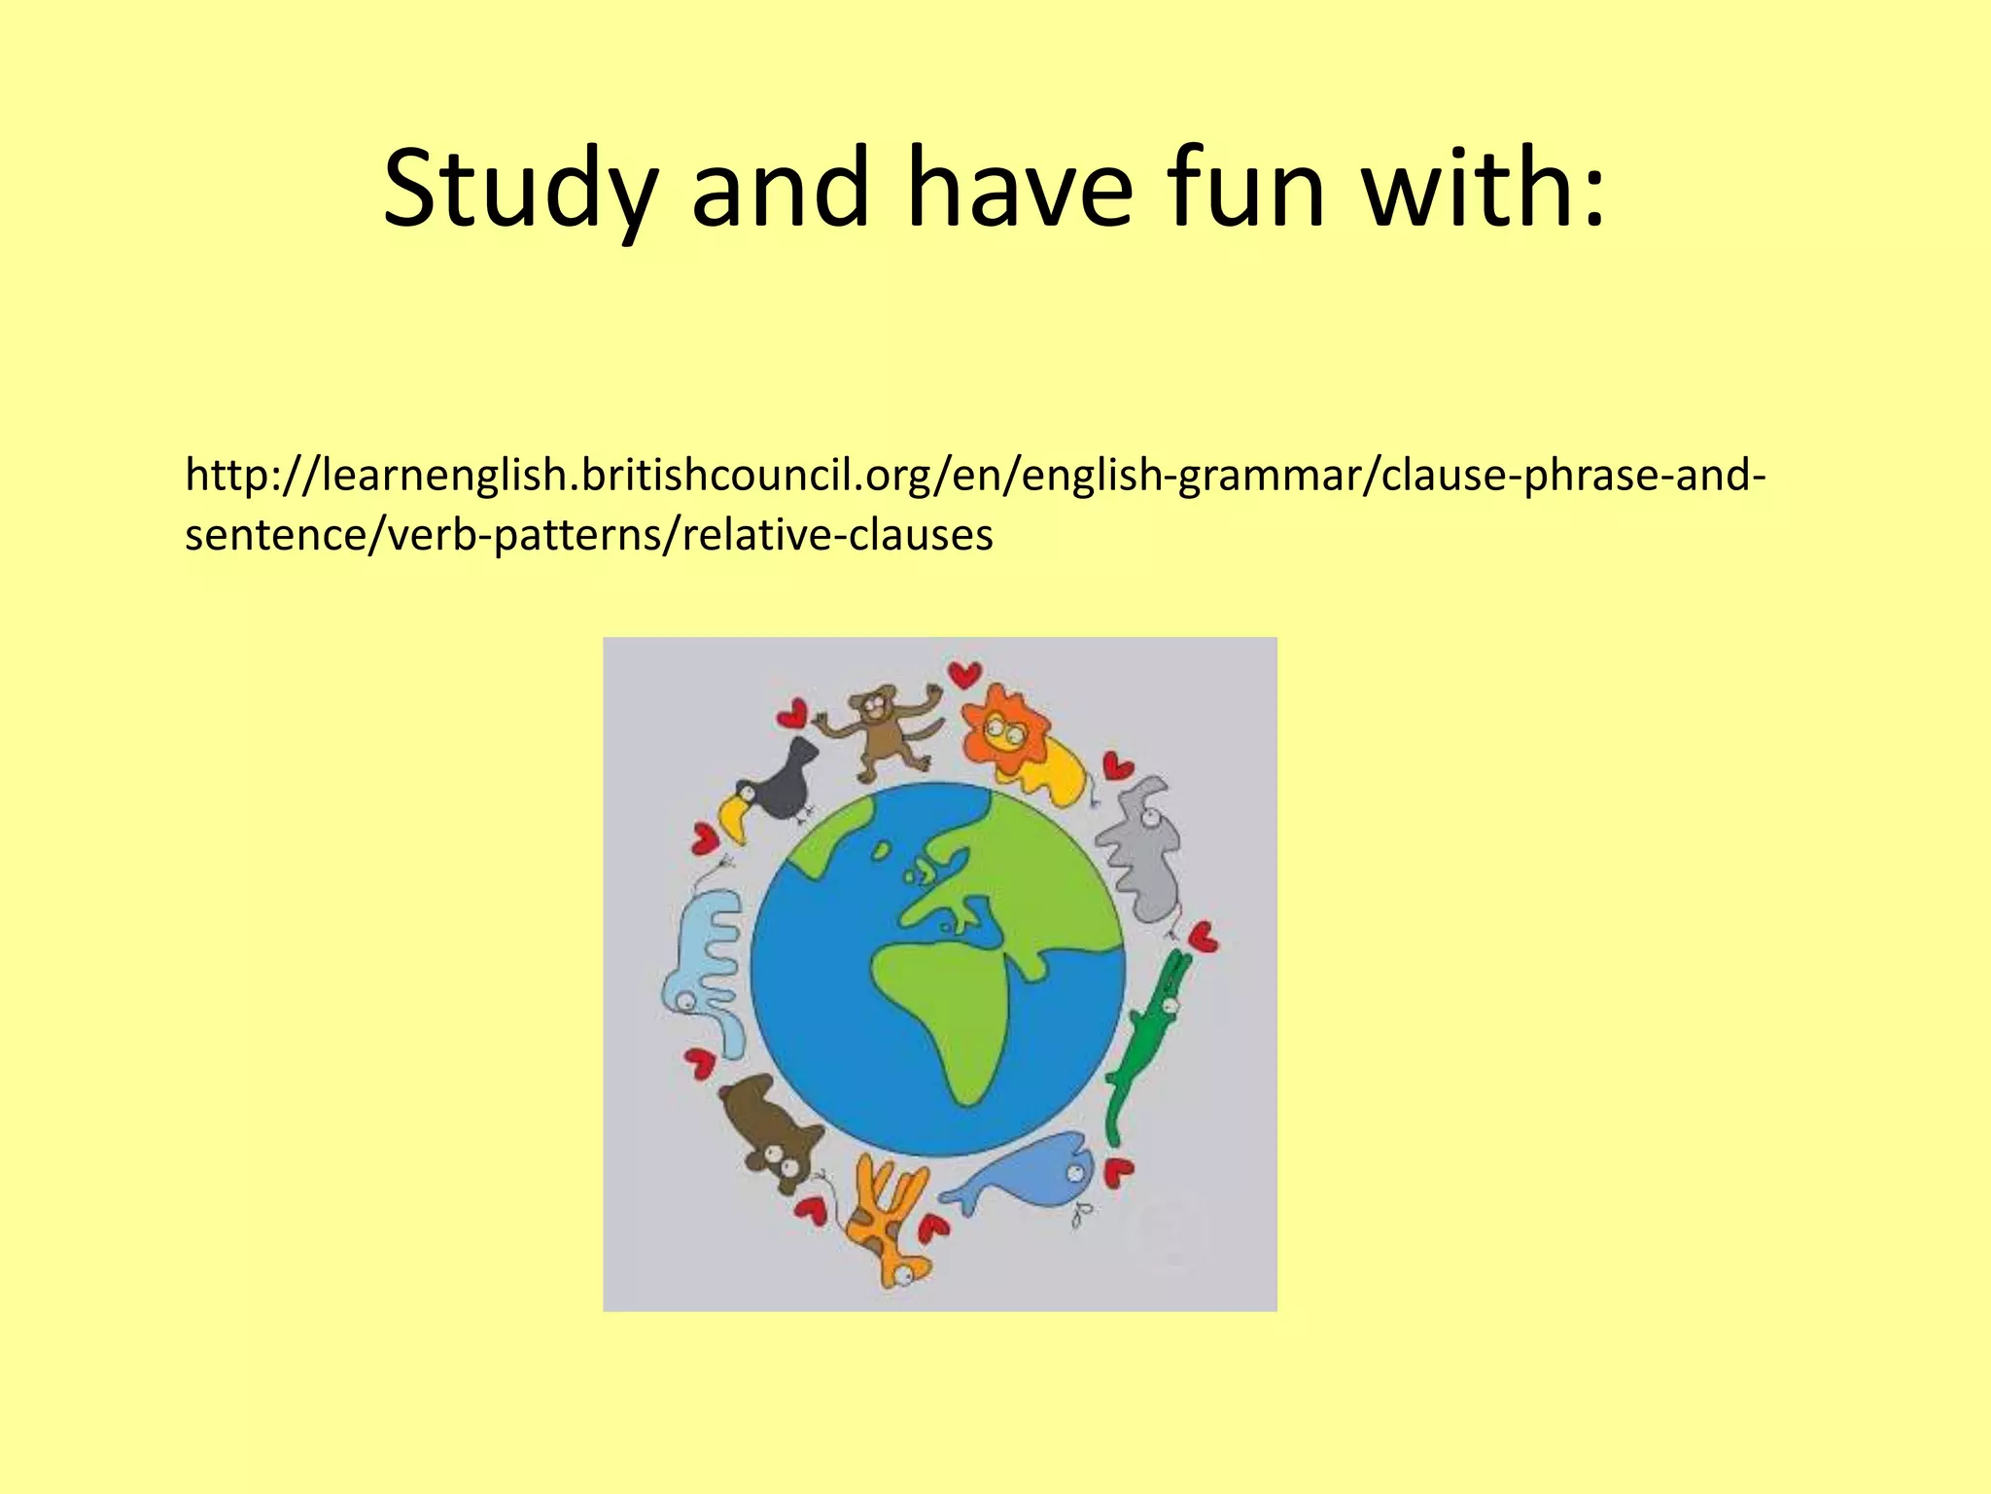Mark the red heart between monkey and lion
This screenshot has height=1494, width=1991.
(x=965, y=673)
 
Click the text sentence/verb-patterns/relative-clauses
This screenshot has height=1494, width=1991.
(x=588, y=535)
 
